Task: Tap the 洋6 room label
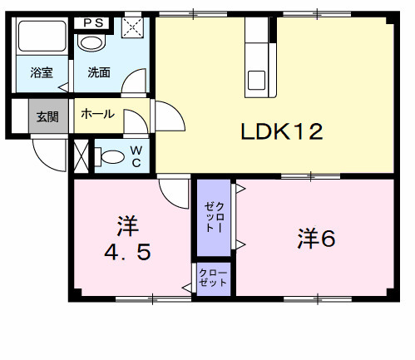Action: [x=317, y=239]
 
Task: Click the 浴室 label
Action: [x=42, y=72]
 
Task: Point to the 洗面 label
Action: [x=99, y=72]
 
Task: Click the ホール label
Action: [x=99, y=114]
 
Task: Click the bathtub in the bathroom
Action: [x=42, y=40]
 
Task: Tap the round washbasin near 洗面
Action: [x=88, y=42]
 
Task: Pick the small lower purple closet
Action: [x=214, y=278]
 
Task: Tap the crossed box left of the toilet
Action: [x=80, y=156]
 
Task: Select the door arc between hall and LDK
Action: [x=164, y=116]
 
